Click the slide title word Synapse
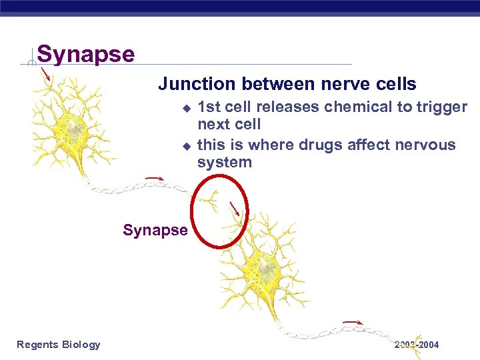pyautogui.click(x=85, y=53)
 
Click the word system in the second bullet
pyautogui.click(x=224, y=162)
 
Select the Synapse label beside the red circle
pyautogui.click(x=155, y=230)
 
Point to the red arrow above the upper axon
pyautogui.click(x=155, y=178)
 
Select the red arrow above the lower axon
pyautogui.click(x=352, y=323)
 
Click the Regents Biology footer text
pyautogui.click(x=59, y=345)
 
